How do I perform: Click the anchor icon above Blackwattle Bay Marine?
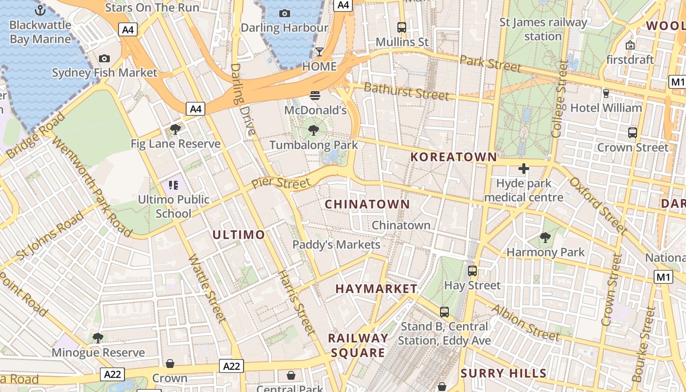pos(40,10)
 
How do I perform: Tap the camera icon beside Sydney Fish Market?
pos(104,59)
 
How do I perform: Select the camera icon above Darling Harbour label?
pos(284,13)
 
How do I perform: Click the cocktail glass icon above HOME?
pos(319,51)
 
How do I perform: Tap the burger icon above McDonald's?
pos(315,95)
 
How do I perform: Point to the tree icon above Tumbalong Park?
pos(314,130)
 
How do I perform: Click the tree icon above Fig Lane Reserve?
pos(175,129)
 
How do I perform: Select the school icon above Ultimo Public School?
pos(173,185)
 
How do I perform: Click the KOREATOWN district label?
pos(453,157)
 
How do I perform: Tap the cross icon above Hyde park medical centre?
pos(523,169)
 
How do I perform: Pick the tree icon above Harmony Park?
pos(545,238)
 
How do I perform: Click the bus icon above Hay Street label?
pos(472,270)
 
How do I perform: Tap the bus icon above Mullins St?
pos(402,27)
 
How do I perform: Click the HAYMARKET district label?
pos(376,289)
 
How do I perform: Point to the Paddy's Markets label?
pos(336,245)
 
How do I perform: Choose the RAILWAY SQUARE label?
pos(358,345)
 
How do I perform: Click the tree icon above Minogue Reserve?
pos(98,338)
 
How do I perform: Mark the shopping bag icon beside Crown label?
pos(170,364)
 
